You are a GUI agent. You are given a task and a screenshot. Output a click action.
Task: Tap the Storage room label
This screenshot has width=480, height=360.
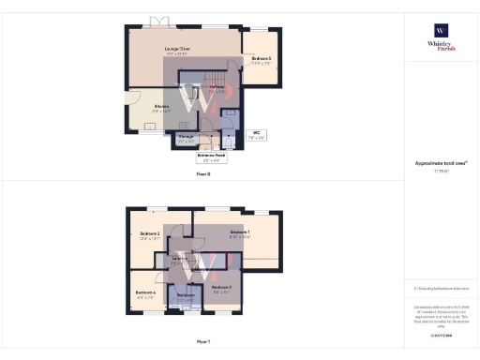tap(186, 139)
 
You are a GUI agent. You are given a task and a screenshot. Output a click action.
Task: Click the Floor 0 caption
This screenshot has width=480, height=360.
tap(203, 174)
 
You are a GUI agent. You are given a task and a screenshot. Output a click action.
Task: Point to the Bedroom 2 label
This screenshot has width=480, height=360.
tap(150, 235)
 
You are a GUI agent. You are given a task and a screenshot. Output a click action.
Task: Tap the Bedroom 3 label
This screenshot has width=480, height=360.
tap(221, 287)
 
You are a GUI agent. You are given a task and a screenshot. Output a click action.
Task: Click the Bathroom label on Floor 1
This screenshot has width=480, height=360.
tap(185, 296)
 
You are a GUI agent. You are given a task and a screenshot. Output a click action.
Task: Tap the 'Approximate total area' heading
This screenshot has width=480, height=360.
tap(440, 163)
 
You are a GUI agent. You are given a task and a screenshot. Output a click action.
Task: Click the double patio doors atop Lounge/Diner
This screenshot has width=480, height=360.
tap(160, 22)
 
